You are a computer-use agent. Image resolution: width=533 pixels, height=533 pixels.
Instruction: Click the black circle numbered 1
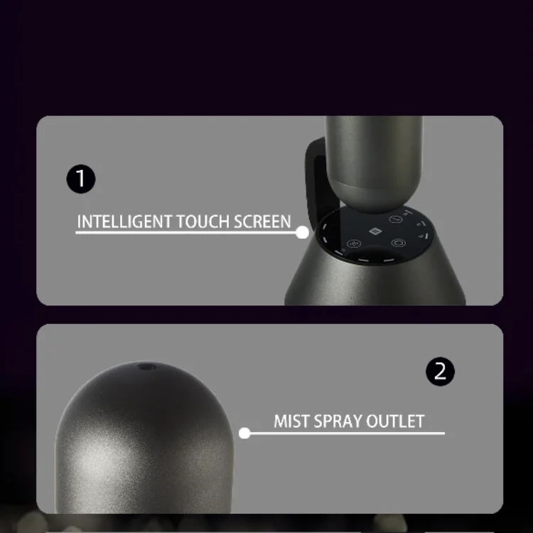tap(80, 178)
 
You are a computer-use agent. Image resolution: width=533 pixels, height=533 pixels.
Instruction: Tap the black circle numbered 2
tap(440, 371)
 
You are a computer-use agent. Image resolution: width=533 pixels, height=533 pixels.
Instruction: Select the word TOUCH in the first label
tap(200, 221)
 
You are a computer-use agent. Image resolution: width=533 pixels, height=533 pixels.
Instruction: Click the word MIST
tap(291, 421)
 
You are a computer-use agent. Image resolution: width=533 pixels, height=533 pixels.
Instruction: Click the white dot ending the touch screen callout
tap(302, 232)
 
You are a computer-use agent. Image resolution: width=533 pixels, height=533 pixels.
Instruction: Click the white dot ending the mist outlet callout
tap(244, 432)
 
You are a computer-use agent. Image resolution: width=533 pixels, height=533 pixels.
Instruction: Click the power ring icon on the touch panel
tap(398, 243)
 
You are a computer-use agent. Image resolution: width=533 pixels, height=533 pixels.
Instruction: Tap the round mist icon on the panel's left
tap(352, 244)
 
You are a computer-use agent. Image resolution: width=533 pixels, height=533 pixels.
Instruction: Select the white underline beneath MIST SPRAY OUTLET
tap(348, 432)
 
